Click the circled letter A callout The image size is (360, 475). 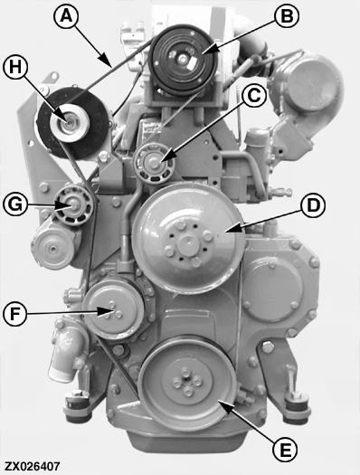[x=66, y=16]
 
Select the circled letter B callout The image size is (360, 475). [x=287, y=16]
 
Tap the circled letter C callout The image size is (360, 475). [x=254, y=95]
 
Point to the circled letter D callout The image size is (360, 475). [x=313, y=205]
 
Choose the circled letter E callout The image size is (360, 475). [x=285, y=450]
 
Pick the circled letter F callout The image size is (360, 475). [x=15, y=314]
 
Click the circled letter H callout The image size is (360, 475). [x=15, y=67]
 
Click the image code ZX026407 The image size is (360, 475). [x=32, y=466]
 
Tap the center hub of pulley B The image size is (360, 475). [x=183, y=60]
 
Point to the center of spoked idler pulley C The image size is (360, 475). [x=155, y=163]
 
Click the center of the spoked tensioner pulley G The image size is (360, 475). [x=73, y=205]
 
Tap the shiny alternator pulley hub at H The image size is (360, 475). [x=70, y=122]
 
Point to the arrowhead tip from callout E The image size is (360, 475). [x=219, y=401]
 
